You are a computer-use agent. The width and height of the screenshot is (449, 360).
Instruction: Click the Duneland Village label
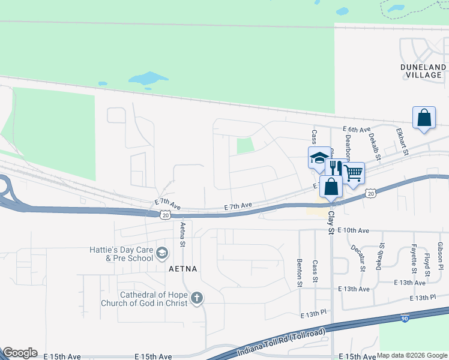coord(423,71)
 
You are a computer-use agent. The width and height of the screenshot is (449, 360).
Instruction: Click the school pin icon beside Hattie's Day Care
coord(161,254)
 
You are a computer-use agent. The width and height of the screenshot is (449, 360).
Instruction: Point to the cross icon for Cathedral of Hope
coord(197,298)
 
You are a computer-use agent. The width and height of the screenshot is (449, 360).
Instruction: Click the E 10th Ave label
coord(353,230)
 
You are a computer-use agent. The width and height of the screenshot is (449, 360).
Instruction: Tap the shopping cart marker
coord(354,173)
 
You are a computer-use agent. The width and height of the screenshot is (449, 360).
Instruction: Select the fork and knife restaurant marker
coord(336,169)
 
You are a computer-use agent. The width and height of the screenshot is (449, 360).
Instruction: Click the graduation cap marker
coord(319,158)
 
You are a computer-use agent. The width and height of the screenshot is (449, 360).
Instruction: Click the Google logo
coord(20,353)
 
